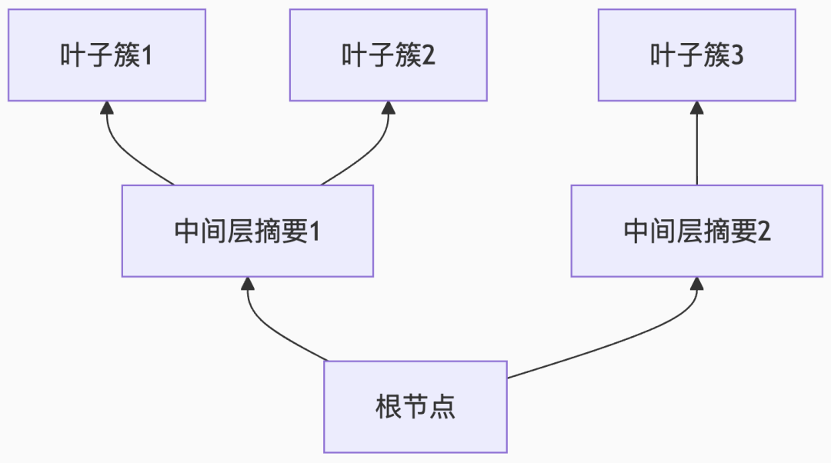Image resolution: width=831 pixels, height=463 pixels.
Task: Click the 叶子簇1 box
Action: tap(107, 55)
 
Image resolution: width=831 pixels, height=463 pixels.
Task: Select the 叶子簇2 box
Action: tap(388, 55)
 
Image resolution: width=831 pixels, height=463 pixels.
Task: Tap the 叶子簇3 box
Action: tap(696, 55)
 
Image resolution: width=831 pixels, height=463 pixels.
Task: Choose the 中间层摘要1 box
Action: tap(247, 231)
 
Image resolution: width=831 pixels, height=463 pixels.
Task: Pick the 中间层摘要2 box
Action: tap(696, 231)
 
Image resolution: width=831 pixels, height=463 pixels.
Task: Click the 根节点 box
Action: tap(415, 407)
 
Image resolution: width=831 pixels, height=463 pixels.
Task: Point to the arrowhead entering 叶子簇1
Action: tap(107, 108)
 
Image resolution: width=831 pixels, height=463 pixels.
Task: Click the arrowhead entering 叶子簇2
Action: tap(389, 108)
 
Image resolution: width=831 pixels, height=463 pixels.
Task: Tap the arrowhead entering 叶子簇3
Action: tap(696, 108)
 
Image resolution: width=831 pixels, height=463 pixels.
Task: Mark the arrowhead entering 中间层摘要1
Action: tap(247, 284)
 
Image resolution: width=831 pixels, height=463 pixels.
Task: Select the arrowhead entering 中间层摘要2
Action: tap(696, 284)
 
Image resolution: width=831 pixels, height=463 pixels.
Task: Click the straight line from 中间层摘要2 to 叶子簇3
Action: tap(696, 150)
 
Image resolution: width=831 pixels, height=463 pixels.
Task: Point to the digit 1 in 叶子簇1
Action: tap(146, 55)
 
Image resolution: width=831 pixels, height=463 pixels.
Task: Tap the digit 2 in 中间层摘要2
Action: tap(763, 231)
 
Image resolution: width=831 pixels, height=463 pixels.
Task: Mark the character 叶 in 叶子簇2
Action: tap(354, 55)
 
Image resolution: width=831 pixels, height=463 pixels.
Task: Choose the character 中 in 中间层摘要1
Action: tap(187, 231)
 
